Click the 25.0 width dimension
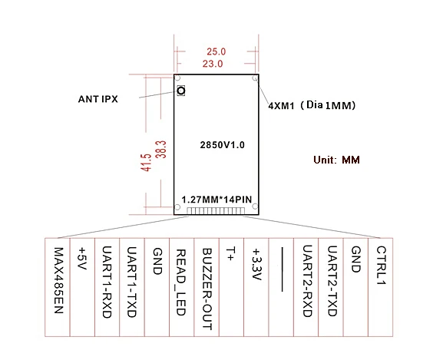pos(216,51)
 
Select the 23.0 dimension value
pos(215,64)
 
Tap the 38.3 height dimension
pos(160,149)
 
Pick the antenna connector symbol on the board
pos(181,91)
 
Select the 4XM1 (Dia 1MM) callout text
pos(311,104)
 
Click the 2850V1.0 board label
pos(222,144)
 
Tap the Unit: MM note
pos(336,160)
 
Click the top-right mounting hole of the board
pos(254,78)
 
